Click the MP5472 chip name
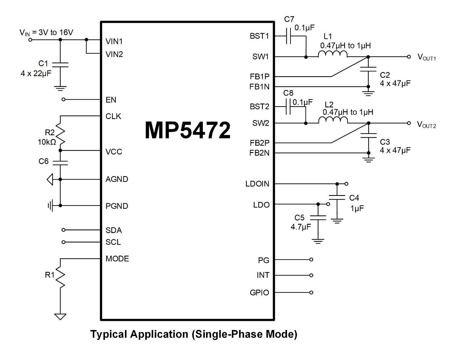188,130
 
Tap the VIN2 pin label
114,54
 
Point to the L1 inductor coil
332,54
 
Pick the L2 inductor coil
333,120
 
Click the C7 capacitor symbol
289,36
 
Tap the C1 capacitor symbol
60,65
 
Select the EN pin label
111,100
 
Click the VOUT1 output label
426,57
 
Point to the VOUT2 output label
426,124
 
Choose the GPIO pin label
259,292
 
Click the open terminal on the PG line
311,259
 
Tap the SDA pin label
114,230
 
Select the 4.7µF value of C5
301,227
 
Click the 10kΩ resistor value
47,142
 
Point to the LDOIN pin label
257,184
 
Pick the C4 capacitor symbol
337,197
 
